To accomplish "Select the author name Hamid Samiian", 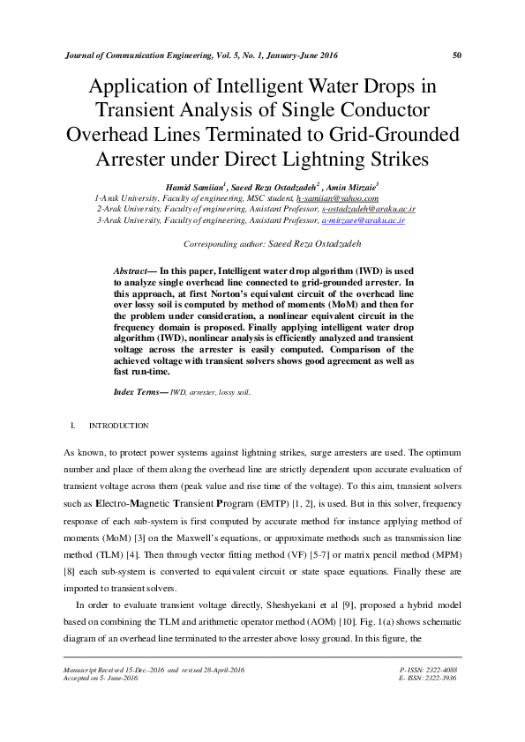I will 193,187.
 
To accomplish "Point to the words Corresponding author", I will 237,243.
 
